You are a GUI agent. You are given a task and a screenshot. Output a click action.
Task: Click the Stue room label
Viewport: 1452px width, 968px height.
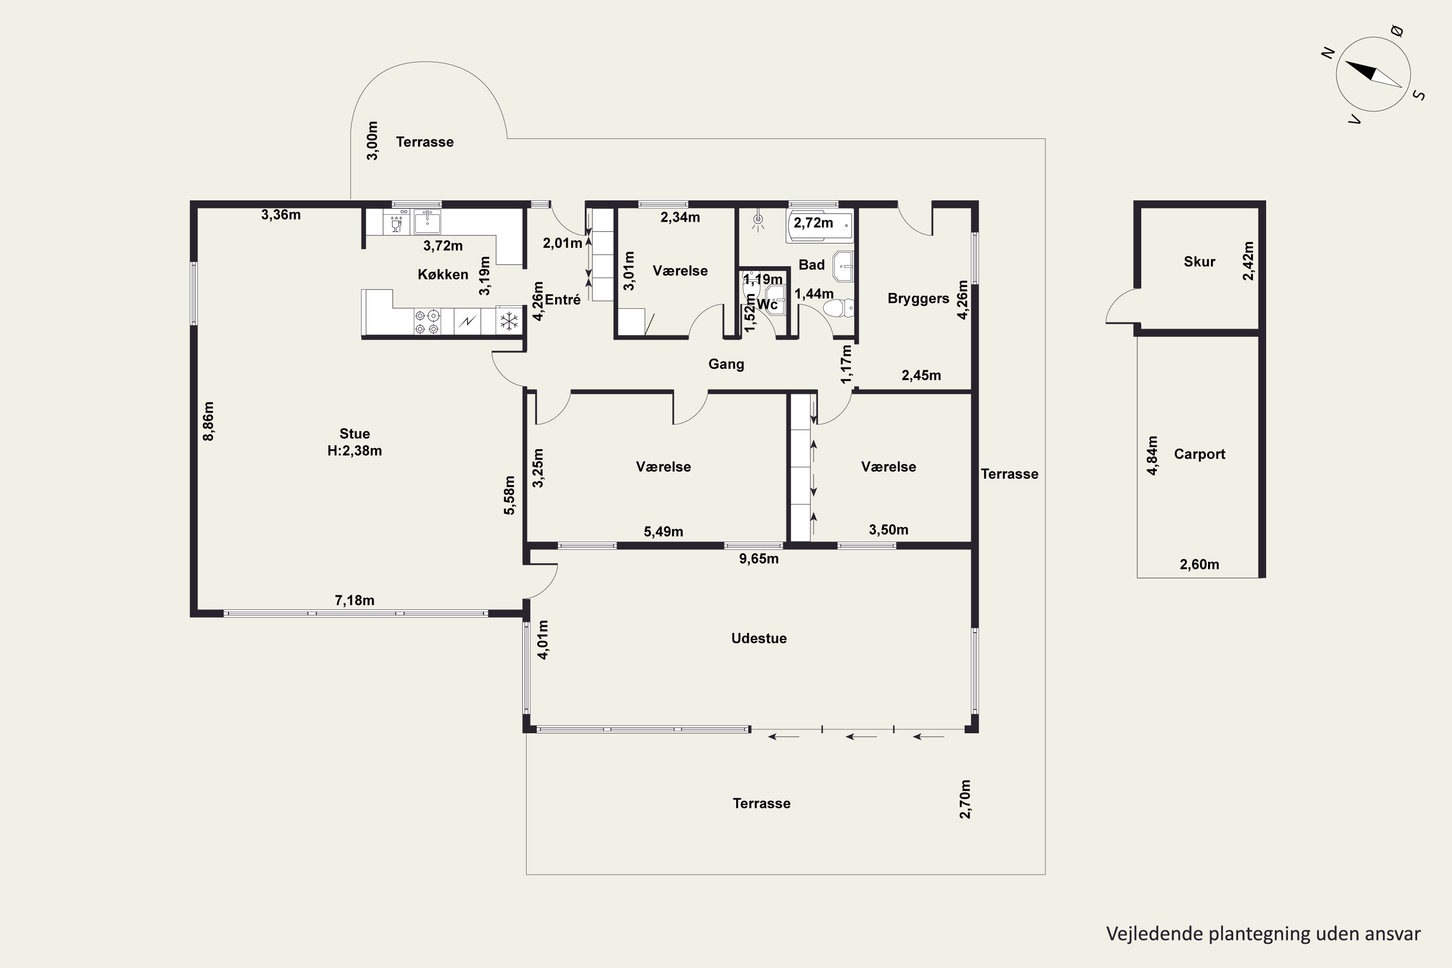pos(354,433)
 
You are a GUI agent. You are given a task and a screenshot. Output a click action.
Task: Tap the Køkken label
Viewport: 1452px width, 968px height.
pos(443,274)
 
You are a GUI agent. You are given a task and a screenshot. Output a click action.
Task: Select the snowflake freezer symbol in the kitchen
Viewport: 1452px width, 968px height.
pos(509,321)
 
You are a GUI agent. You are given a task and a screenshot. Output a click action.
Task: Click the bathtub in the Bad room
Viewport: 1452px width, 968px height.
pos(820,226)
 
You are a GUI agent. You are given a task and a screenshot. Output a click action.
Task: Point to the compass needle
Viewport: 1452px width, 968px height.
pos(1373,74)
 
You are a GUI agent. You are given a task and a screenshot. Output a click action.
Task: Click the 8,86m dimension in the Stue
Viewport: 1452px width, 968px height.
pos(209,421)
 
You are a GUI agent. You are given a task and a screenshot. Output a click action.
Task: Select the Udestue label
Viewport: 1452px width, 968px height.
pos(759,638)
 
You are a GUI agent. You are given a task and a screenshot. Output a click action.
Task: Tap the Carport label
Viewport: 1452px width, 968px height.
pos(1199,454)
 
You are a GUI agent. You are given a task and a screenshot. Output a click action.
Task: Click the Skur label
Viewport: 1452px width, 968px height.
pos(1199,262)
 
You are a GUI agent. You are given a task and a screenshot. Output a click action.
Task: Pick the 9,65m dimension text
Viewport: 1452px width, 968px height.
pos(759,559)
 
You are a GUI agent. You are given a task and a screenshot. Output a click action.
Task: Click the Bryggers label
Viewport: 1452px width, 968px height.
pos(918,299)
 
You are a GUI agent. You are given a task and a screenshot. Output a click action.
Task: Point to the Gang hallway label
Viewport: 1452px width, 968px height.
pos(726,364)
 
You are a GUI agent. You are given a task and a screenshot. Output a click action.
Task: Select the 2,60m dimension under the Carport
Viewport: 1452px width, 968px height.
pos(1199,564)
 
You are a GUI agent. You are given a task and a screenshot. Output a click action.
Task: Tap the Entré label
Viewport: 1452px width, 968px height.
pos(562,300)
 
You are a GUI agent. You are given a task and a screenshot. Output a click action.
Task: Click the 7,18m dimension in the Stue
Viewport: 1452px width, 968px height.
pos(354,600)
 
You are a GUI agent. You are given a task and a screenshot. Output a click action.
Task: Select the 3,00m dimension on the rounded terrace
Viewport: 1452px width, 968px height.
pos(372,141)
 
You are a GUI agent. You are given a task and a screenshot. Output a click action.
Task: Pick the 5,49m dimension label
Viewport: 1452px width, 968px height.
pos(663,531)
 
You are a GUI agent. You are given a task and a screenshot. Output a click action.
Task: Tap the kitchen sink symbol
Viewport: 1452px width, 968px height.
pos(427,221)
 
